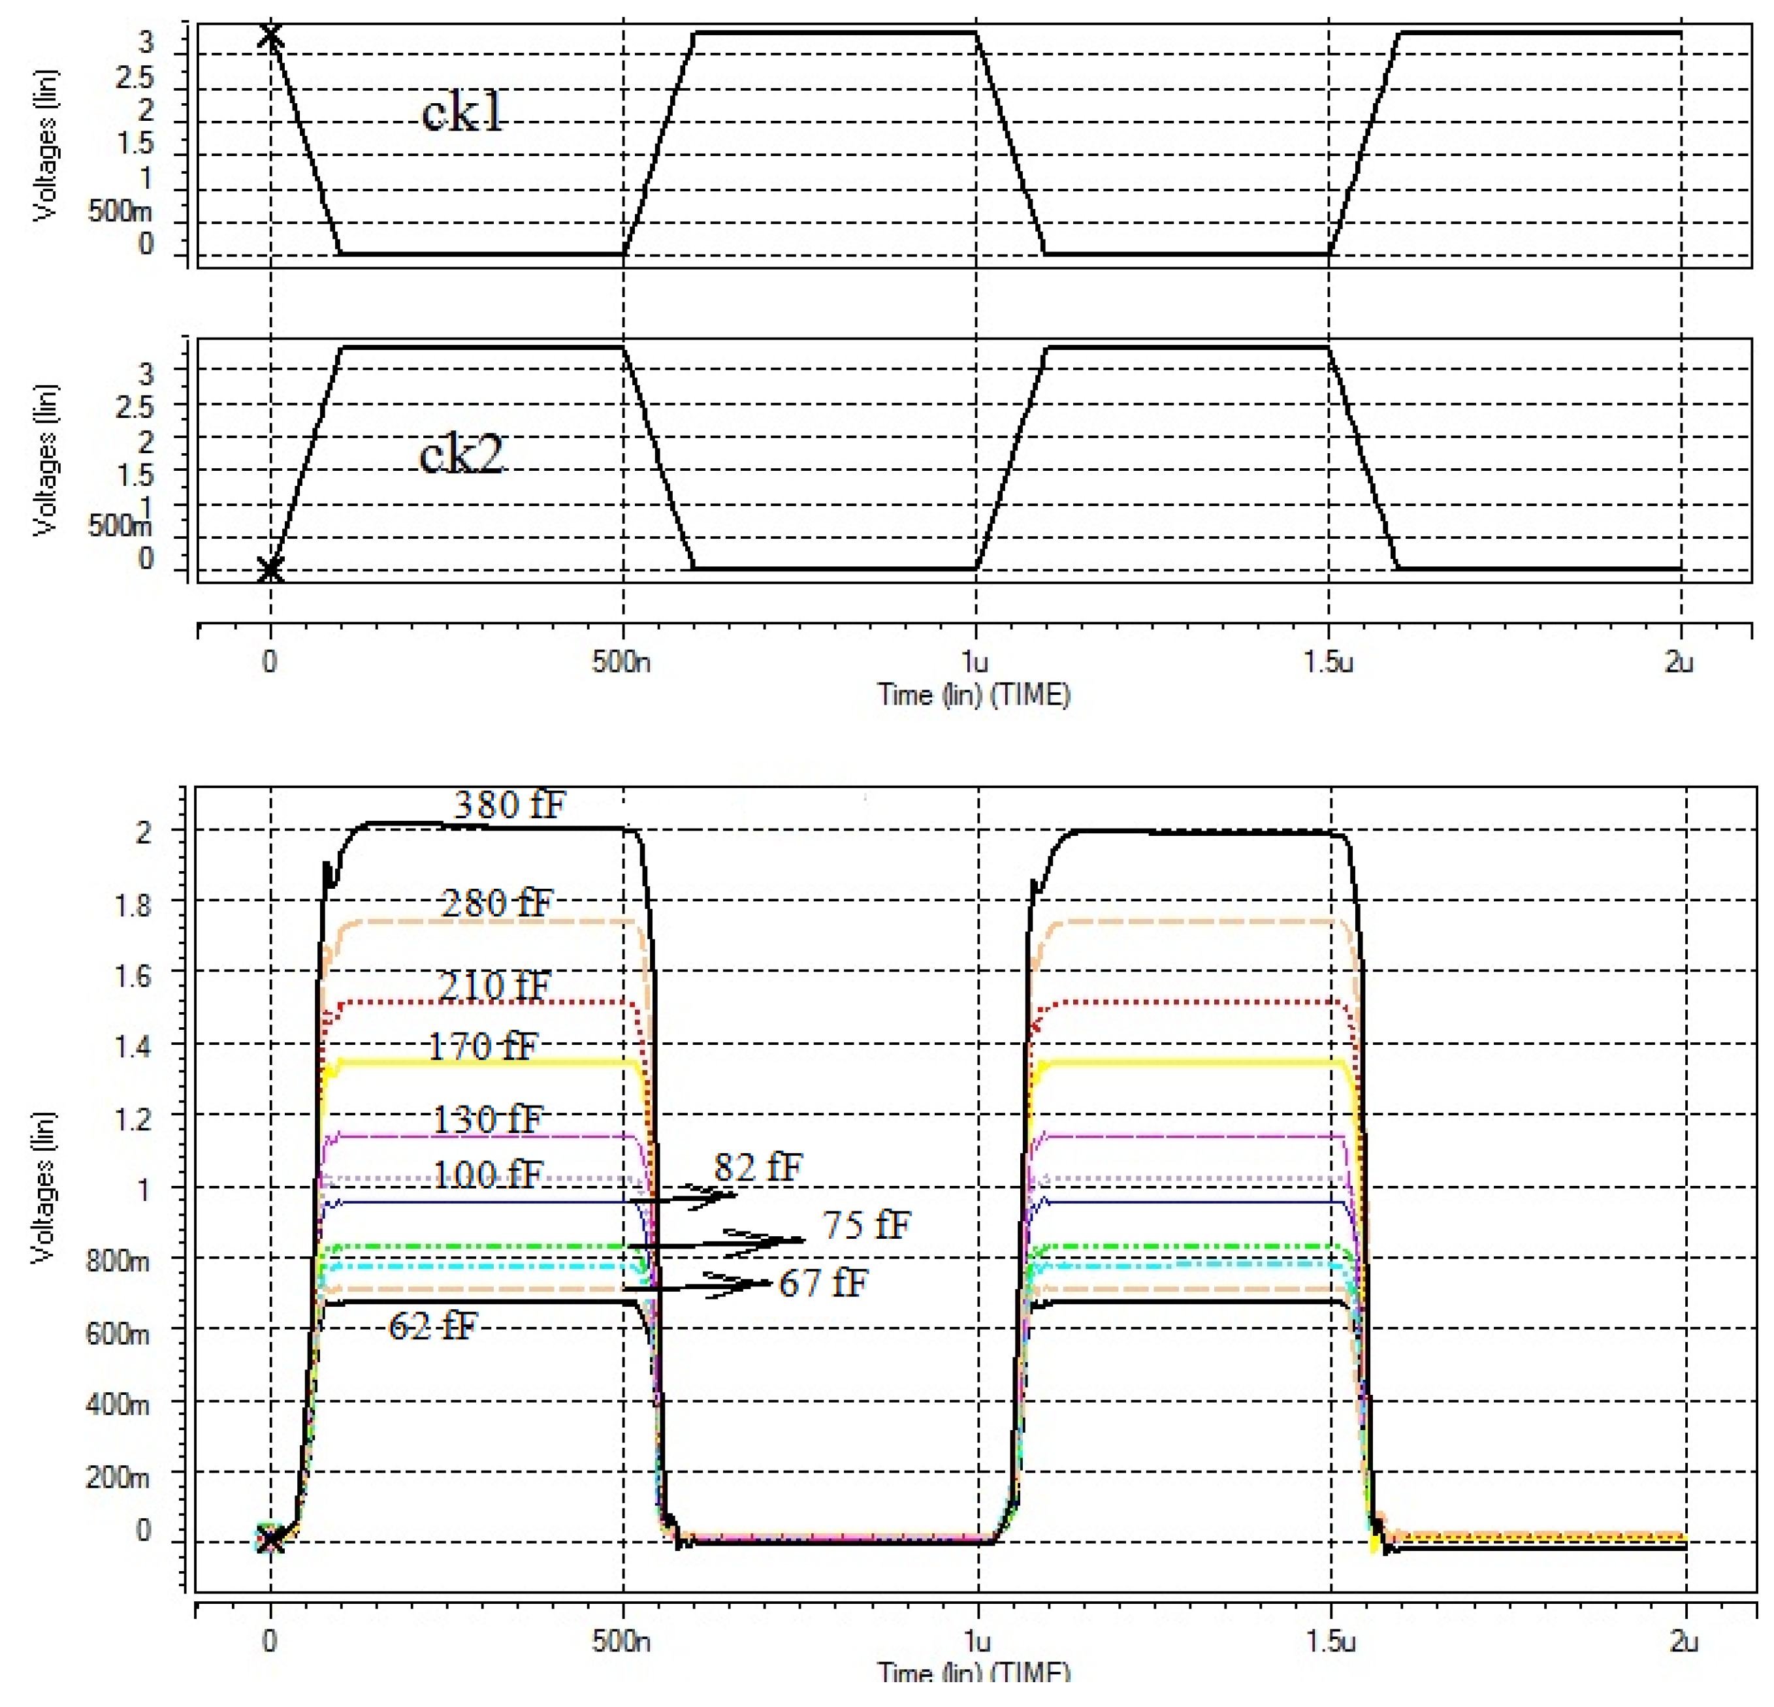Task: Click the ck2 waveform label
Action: click(460, 455)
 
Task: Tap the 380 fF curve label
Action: click(509, 804)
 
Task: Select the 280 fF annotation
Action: click(496, 902)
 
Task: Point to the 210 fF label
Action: click(494, 985)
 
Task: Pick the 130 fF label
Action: click(487, 1119)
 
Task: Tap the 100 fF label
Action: click(487, 1175)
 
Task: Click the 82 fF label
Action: click(758, 1168)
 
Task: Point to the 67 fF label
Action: click(823, 1283)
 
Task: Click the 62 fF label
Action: click(432, 1327)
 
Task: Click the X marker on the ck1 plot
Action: click(270, 36)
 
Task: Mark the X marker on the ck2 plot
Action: click(270, 569)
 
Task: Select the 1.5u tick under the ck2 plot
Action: click(1329, 663)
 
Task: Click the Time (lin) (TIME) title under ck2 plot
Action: click(974, 695)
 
